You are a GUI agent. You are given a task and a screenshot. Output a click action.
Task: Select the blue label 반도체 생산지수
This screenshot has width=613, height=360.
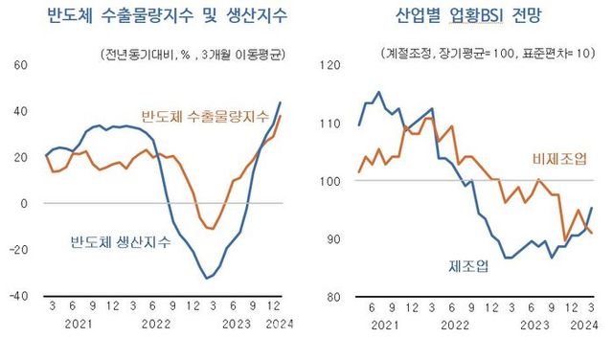[120, 241]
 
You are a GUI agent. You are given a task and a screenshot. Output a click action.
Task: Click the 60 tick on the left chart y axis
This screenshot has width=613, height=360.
[21, 65]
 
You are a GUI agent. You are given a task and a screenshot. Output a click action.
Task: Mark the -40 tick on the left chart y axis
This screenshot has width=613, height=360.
[19, 296]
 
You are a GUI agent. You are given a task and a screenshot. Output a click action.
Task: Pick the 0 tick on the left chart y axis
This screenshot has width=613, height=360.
[26, 203]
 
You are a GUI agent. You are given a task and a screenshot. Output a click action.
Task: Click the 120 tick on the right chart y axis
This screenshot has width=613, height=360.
[329, 65]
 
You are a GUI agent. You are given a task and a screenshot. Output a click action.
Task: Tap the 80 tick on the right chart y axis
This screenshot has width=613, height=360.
[332, 296]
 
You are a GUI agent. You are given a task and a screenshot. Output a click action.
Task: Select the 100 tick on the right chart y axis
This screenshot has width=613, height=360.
[329, 180]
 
